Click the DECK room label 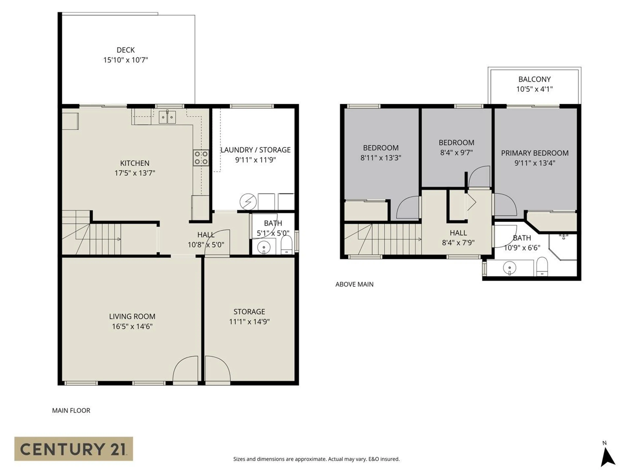(126, 50)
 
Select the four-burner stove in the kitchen (201, 158)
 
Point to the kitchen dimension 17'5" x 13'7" (135, 173)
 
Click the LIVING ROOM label (132, 316)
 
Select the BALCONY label (534, 79)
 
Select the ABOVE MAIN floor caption (354, 284)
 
